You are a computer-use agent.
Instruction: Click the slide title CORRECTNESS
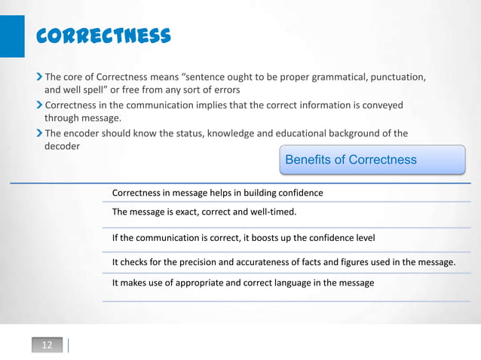coord(104,36)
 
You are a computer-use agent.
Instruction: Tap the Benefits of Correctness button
coord(372,160)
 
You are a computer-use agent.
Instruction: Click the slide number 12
coord(47,345)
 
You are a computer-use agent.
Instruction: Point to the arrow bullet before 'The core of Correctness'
coord(39,77)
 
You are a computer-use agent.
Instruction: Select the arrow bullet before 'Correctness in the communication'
coord(39,105)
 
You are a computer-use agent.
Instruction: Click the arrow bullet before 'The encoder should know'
coord(39,133)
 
